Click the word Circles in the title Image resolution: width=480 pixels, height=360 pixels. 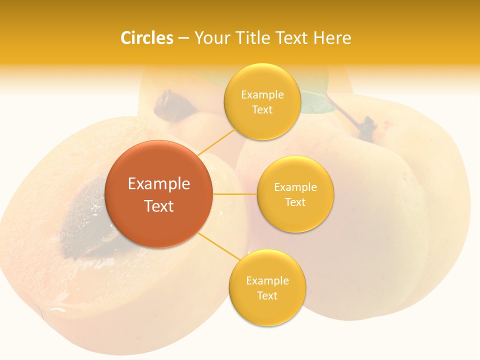point(147,38)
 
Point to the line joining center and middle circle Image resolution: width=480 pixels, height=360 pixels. point(235,194)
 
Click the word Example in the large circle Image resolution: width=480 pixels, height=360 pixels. point(159,184)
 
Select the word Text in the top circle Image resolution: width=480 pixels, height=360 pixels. point(262,110)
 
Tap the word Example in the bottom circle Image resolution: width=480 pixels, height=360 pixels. point(267,280)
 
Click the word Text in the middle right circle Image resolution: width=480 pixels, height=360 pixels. point(295,202)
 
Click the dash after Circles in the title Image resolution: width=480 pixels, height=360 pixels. point(183,38)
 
